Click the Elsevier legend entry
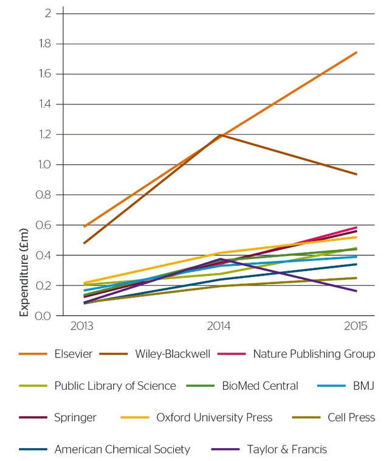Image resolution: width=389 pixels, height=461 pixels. [x=73, y=354]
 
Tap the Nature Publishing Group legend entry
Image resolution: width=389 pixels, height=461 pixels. [x=314, y=354]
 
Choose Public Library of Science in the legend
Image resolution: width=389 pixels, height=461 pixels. [x=115, y=386]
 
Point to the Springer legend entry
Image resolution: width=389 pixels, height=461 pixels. [x=75, y=417]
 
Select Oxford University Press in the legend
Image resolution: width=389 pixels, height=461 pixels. [x=215, y=417]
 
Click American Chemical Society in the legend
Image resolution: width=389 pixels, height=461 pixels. [x=122, y=449]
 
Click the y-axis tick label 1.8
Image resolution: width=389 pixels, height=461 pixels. [x=45, y=44]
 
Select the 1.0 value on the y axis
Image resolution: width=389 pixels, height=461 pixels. [x=45, y=164]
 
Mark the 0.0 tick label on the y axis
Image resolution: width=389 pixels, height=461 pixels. [x=45, y=316]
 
